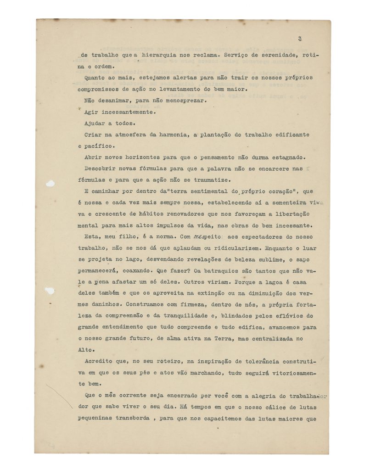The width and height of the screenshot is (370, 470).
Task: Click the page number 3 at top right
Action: point(299,39)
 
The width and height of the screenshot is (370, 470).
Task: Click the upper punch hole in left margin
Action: point(50,184)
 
